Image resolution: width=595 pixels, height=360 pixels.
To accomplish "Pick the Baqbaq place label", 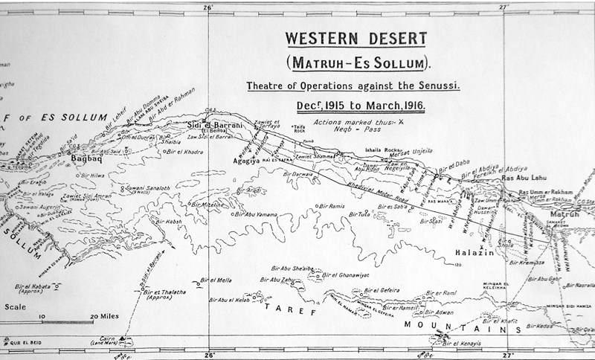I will click(x=85, y=158).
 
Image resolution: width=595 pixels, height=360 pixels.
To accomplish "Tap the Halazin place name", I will click(x=472, y=254).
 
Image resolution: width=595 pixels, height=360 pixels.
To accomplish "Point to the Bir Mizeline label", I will click(x=209, y=204).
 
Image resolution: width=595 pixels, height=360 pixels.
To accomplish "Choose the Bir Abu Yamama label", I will click(x=257, y=214).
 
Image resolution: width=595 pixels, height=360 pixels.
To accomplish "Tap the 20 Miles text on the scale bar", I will click(x=100, y=316).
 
